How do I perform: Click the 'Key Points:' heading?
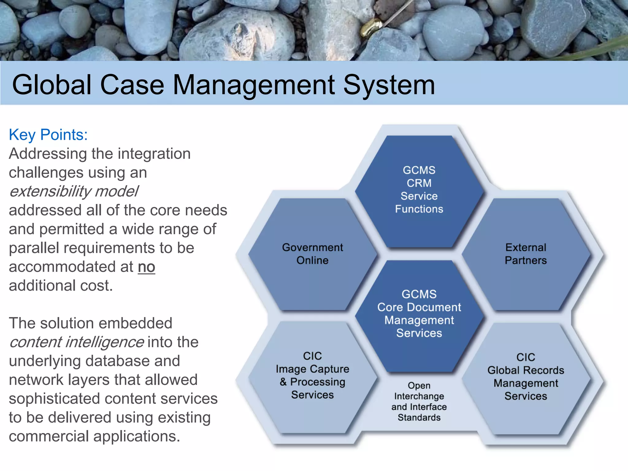[x=48, y=135]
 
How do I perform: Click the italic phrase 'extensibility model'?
[x=74, y=191]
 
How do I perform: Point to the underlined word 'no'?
[x=146, y=267]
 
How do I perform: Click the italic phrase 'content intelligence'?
[x=76, y=342]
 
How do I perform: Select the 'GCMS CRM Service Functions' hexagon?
[x=419, y=190]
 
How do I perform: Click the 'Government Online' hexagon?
[x=312, y=254]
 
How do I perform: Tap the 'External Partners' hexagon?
[x=526, y=254]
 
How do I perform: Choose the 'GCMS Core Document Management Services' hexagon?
[x=419, y=314]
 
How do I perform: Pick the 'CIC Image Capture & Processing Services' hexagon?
[x=312, y=376]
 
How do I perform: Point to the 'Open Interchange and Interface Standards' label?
[x=419, y=402]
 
